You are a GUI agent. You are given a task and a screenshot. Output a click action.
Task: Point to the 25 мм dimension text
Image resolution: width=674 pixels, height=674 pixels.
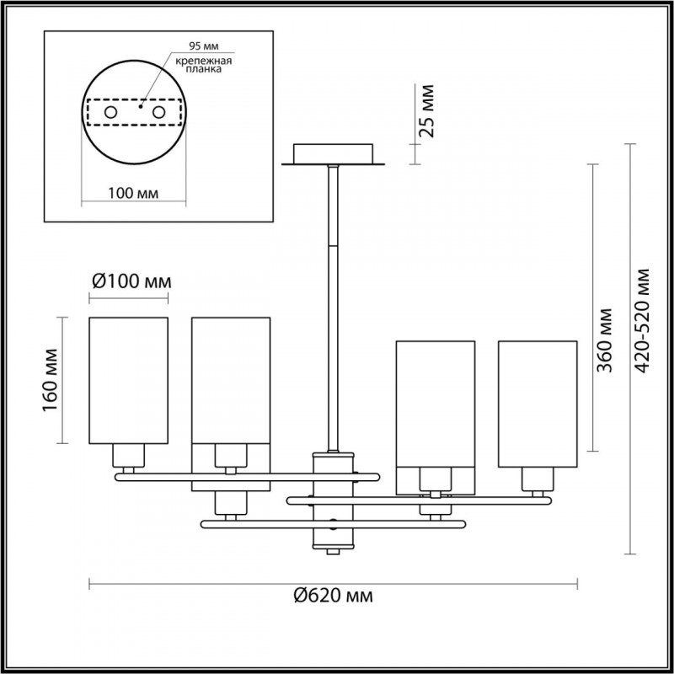[x=427, y=110]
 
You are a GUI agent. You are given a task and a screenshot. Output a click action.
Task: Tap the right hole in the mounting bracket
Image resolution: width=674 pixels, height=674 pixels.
[x=158, y=111]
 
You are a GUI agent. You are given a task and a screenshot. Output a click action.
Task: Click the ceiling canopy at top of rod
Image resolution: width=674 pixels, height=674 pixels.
[x=334, y=155]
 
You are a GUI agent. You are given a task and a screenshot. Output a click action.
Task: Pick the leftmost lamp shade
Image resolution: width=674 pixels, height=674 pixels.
[x=128, y=380]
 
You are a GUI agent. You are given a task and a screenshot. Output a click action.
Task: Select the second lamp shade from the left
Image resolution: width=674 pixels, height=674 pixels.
[x=230, y=380]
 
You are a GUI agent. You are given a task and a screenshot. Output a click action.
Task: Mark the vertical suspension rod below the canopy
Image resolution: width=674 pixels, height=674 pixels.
[x=334, y=303]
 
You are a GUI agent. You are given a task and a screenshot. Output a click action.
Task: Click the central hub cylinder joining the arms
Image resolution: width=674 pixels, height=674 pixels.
[x=334, y=501]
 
